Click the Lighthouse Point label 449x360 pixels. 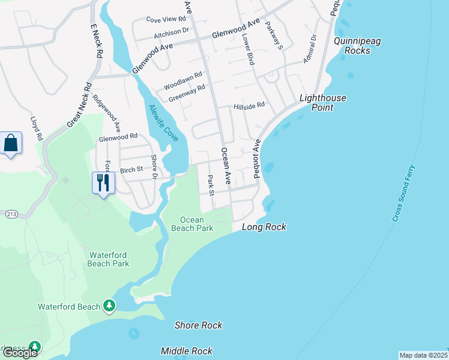(323, 103)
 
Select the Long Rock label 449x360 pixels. (264, 227)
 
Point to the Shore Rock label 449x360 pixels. (198, 325)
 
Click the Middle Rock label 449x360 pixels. (187, 351)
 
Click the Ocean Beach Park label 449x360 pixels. (192, 224)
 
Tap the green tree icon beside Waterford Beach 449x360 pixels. (109, 307)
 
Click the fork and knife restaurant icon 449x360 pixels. (103, 182)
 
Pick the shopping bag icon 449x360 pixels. (11, 143)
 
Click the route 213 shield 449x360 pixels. (11, 214)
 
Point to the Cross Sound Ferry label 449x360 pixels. (404, 193)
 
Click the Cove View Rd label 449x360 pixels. (166, 19)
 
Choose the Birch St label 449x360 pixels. (131, 170)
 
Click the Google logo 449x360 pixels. (19, 353)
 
